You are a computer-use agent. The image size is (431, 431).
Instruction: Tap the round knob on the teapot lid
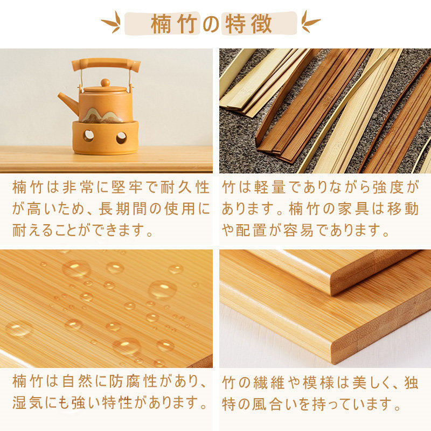(105, 83)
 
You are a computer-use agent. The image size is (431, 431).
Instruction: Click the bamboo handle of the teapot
(106, 64)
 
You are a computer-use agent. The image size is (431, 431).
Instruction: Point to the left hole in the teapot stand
(88, 136)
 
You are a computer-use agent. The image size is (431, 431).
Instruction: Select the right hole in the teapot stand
(121, 138)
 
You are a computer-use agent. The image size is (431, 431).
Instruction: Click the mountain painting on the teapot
(102, 115)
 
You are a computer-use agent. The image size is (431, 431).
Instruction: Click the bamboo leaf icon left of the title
(112, 22)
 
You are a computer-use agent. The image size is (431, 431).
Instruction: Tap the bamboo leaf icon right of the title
(310, 22)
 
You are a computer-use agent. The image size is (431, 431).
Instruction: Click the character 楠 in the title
(161, 24)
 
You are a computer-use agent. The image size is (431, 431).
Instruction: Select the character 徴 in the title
(261, 24)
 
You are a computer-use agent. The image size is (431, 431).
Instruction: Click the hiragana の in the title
(211, 24)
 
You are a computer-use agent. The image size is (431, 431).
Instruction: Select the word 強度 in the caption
(388, 187)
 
